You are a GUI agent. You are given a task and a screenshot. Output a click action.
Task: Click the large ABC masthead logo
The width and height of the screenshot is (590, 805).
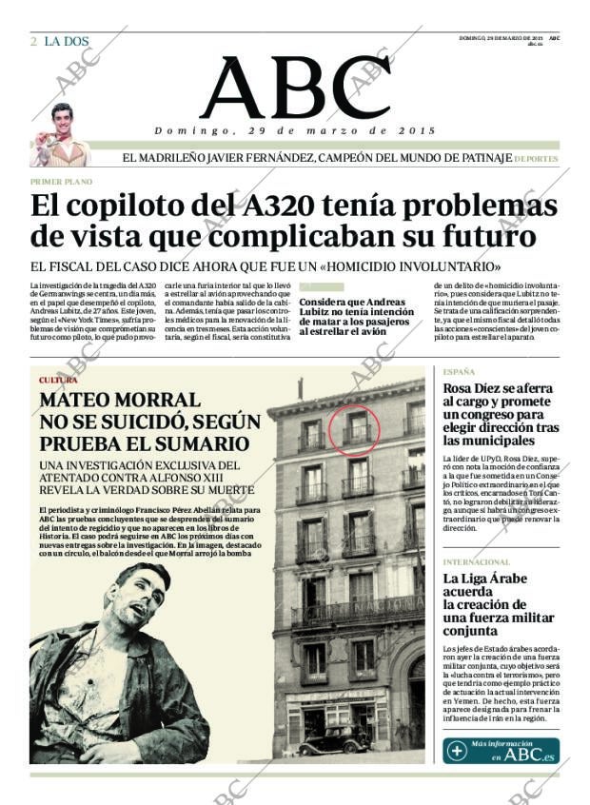(x=294, y=88)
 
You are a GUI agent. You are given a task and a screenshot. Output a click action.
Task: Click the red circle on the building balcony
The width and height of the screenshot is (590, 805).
(x=354, y=431)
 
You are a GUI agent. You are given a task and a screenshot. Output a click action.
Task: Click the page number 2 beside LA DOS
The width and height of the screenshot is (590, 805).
(x=33, y=41)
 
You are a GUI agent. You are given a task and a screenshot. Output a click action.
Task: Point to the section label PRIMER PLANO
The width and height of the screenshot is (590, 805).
(x=58, y=180)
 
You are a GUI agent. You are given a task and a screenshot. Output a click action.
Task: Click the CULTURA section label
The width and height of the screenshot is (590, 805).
(x=58, y=380)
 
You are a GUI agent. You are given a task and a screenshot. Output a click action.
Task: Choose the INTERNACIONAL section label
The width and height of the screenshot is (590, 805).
(x=477, y=562)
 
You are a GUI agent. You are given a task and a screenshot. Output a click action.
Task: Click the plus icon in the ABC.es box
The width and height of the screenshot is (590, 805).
(x=458, y=751)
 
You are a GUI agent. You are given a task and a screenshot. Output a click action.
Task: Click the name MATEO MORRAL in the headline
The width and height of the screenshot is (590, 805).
(x=120, y=401)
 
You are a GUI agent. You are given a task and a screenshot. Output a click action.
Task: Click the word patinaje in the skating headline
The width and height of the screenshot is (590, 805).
(x=483, y=158)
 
